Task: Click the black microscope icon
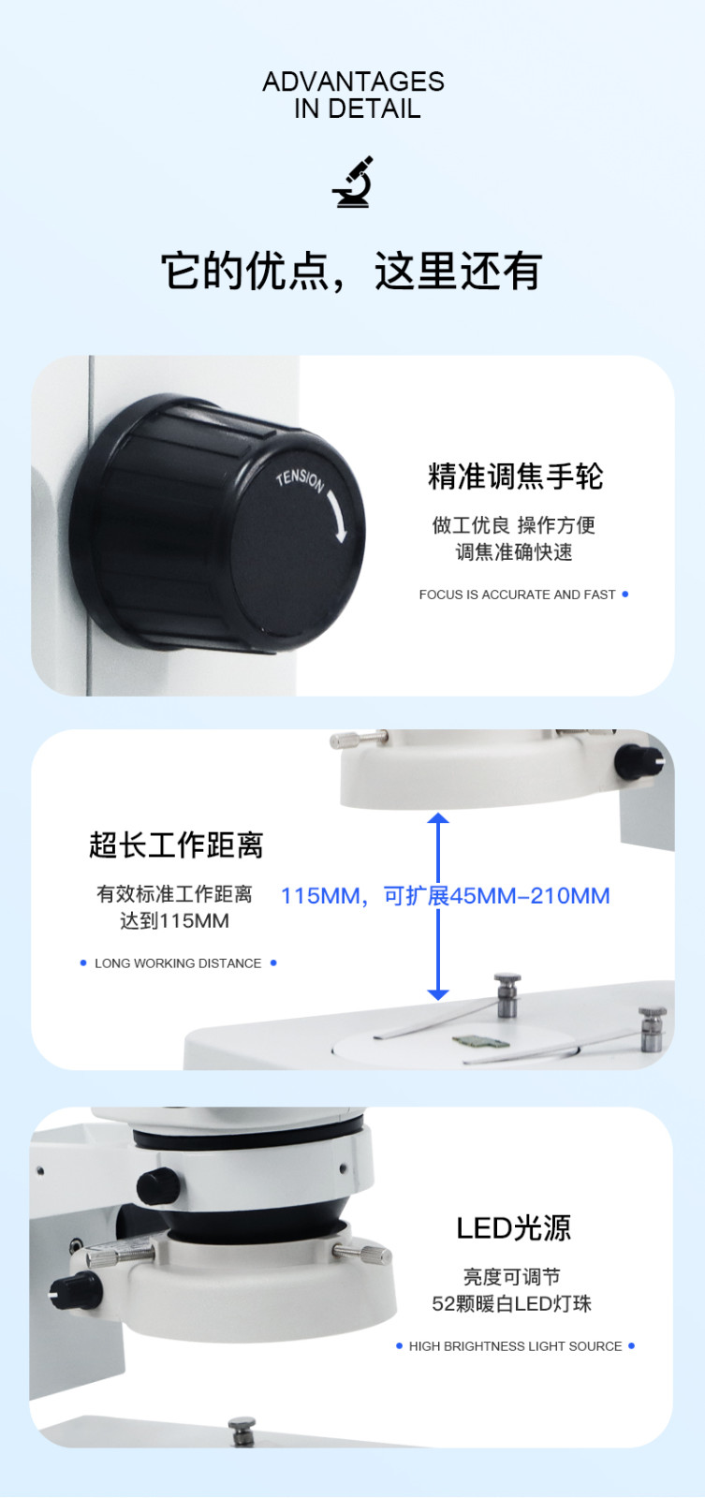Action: tap(352, 182)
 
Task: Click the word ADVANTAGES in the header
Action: tap(353, 81)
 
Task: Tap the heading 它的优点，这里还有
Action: tap(352, 271)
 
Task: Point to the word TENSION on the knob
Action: tap(301, 480)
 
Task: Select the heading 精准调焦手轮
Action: tap(515, 477)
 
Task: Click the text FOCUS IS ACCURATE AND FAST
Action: tap(517, 595)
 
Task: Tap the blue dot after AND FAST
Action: tap(625, 594)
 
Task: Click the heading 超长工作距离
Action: tap(176, 844)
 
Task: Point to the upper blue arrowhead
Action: tap(438, 818)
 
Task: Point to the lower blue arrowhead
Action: tap(438, 994)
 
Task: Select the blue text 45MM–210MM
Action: tap(530, 895)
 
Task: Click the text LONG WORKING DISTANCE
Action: tap(178, 963)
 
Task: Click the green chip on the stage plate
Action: tap(480, 1042)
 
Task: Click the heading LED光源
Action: tap(514, 1228)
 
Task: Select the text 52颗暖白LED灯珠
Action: tap(512, 1304)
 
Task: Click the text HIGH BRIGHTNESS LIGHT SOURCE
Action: tap(515, 1346)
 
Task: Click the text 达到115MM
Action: tap(174, 921)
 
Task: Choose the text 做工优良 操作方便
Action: tap(514, 525)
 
